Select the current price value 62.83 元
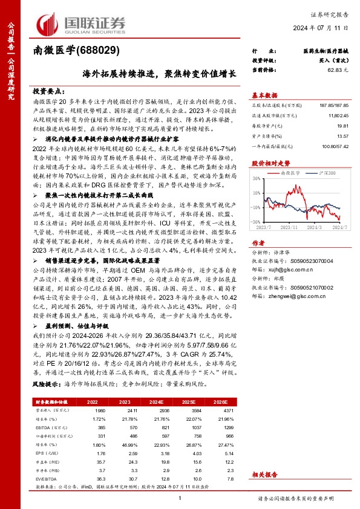(337, 71)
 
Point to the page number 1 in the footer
(180, 498)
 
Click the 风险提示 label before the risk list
(47, 383)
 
